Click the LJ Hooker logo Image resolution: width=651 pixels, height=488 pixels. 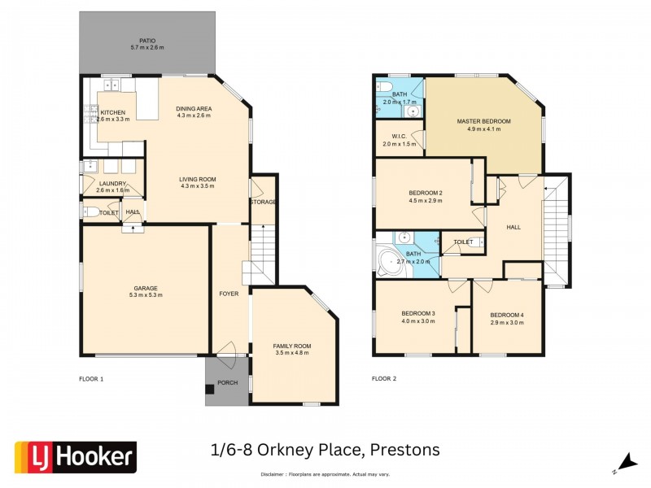[76, 458]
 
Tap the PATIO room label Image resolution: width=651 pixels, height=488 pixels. [147, 41]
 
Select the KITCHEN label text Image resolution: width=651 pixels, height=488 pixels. [113, 112]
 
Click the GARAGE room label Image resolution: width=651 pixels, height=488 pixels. [146, 288]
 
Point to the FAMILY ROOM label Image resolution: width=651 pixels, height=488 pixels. [292, 346]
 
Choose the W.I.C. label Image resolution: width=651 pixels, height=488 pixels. [399, 137]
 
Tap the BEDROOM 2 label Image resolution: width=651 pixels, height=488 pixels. [425, 193]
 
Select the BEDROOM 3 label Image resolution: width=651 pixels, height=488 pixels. [418, 314]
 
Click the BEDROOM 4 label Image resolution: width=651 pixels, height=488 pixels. [506, 315]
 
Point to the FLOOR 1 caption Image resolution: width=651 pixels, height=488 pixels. [91, 379]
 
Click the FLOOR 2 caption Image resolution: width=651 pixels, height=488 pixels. [384, 379]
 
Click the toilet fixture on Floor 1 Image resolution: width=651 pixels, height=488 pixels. [92, 212]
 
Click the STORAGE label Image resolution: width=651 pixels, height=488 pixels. [263, 202]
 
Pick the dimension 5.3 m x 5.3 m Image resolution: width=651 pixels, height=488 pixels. [146, 295]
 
